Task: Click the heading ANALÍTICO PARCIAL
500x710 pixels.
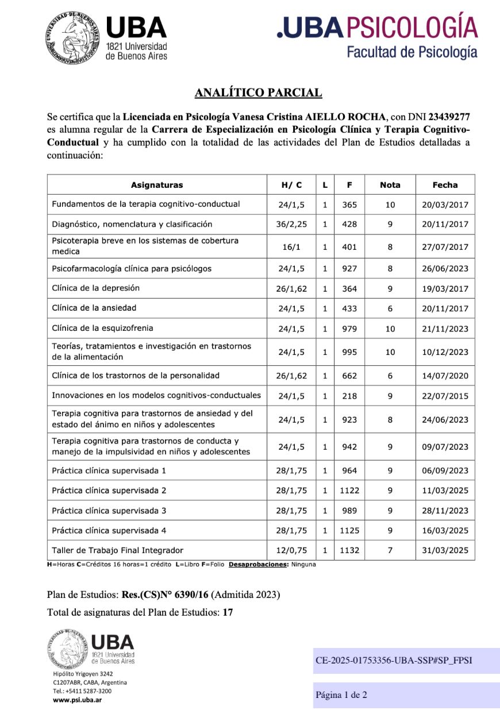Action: tap(258, 93)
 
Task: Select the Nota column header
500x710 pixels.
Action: tap(390, 184)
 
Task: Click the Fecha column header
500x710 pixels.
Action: tap(445, 184)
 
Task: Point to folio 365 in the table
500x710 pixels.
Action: tap(349, 204)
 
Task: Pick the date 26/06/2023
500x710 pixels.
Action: tap(445, 268)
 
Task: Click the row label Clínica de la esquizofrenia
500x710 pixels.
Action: tap(102, 328)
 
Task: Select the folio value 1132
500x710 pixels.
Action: tap(349, 550)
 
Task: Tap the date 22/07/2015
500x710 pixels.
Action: tap(445, 395)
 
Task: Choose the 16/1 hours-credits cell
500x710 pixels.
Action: tap(291, 246)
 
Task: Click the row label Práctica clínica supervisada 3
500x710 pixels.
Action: tap(109, 510)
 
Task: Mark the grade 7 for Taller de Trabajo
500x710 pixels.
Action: tap(390, 550)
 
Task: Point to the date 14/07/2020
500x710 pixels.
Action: tap(445, 376)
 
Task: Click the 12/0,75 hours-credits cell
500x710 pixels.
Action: tap(291, 550)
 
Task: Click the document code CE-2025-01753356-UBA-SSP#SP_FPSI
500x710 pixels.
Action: tap(394, 661)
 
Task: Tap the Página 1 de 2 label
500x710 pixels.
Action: tap(341, 695)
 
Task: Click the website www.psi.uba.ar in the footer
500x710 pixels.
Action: tap(78, 700)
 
